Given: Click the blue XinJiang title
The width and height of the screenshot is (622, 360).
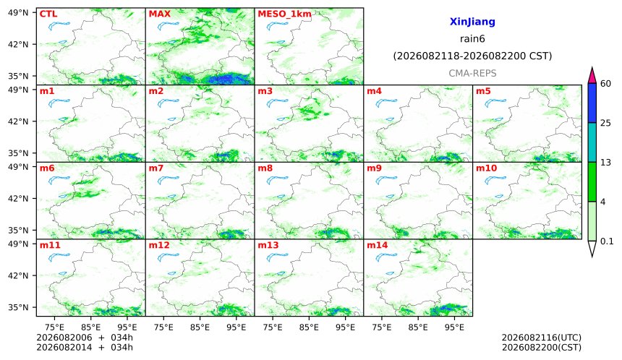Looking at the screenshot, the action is click(472, 22).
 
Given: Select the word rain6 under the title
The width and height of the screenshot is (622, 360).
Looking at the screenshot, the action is click(472, 38).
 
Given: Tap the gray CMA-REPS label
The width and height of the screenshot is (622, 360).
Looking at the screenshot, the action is click(472, 73).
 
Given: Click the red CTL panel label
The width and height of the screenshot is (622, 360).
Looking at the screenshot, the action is click(48, 14).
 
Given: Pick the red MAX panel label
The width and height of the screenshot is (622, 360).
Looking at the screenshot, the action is click(159, 14).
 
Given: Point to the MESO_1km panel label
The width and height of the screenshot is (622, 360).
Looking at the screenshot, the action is click(284, 14).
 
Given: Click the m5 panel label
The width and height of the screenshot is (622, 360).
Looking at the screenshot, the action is click(483, 91).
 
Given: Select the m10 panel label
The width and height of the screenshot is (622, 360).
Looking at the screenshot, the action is click(486, 168).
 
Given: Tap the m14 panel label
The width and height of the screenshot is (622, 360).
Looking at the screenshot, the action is click(377, 245).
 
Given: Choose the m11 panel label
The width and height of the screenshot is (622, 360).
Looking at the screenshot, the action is click(50, 245).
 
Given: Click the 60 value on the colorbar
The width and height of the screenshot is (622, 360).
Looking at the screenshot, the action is click(605, 84).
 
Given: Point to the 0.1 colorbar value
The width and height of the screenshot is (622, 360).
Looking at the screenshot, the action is click(607, 241).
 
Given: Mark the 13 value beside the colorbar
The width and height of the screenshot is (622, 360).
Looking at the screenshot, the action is click(605, 162).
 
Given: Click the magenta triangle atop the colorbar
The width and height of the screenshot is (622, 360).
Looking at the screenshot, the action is click(592, 76).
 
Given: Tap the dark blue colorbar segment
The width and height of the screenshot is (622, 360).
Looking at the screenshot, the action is click(592, 103).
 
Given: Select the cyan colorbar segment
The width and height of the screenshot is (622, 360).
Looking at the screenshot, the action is click(592, 142).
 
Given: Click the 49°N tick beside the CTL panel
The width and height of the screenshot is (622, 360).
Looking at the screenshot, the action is click(18, 13).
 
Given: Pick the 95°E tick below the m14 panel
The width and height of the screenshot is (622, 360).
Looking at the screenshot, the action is click(454, 327).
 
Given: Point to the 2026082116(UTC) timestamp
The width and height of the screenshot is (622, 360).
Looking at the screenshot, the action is click(542, 338).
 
